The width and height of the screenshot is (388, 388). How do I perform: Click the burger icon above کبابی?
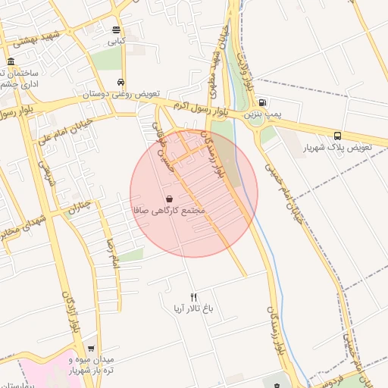pos(116,30)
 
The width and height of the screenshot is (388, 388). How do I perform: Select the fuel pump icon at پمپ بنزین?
pos(262,102)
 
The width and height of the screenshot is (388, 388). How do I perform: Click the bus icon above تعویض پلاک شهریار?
pos(337,136)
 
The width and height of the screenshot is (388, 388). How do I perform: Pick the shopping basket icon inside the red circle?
pos(167,198)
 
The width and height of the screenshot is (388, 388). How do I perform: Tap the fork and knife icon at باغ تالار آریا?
pos(193,298)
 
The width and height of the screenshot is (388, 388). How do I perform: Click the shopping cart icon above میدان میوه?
pos(91,346)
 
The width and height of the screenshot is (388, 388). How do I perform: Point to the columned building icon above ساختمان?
pos(10,61)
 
